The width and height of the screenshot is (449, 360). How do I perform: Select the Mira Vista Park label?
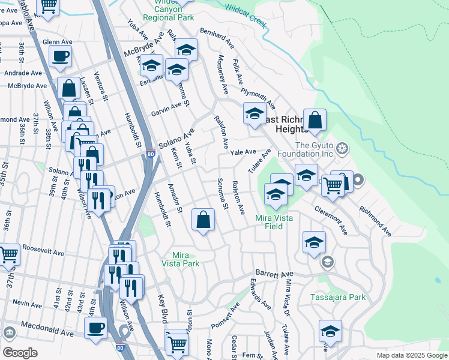tap(181, 259)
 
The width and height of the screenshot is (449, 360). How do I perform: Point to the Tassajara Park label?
tap(338, 297)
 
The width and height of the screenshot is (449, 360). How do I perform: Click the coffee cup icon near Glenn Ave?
tap(60, 57)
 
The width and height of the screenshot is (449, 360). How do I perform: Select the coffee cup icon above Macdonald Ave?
tap(96, 328)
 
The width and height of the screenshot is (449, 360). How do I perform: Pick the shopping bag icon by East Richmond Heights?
tap(315, 120)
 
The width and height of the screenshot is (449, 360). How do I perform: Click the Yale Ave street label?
tap(244, 152)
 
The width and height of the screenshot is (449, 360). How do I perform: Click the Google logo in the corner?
tap(20, 353)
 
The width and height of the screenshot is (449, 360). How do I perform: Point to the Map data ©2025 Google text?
tap(411, 355)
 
